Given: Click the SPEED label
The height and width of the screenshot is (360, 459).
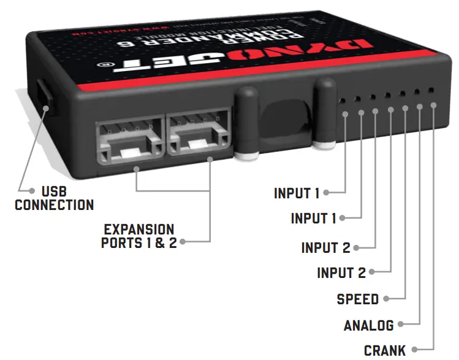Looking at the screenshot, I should [358, 299].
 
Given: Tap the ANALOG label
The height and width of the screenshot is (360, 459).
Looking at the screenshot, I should [369, 324].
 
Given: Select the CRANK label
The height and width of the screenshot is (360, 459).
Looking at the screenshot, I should [385, 350].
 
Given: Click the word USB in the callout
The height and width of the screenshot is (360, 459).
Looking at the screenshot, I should [55, 192].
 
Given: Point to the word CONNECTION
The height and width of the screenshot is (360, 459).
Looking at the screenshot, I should [55, 205].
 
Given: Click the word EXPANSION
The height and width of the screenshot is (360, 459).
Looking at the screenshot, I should [139, 230].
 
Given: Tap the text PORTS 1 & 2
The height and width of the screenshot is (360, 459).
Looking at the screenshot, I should [138, 243].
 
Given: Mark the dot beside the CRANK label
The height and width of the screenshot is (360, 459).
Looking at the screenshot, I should [414, 350].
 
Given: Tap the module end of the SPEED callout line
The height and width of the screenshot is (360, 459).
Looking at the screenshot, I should [404, 109].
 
